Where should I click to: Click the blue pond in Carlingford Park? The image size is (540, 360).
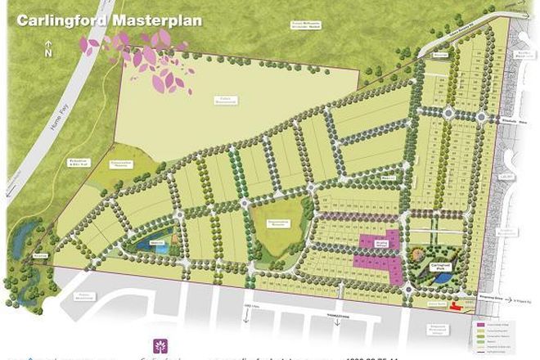point(443,279)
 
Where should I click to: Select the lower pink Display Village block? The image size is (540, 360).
point(378,265)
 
